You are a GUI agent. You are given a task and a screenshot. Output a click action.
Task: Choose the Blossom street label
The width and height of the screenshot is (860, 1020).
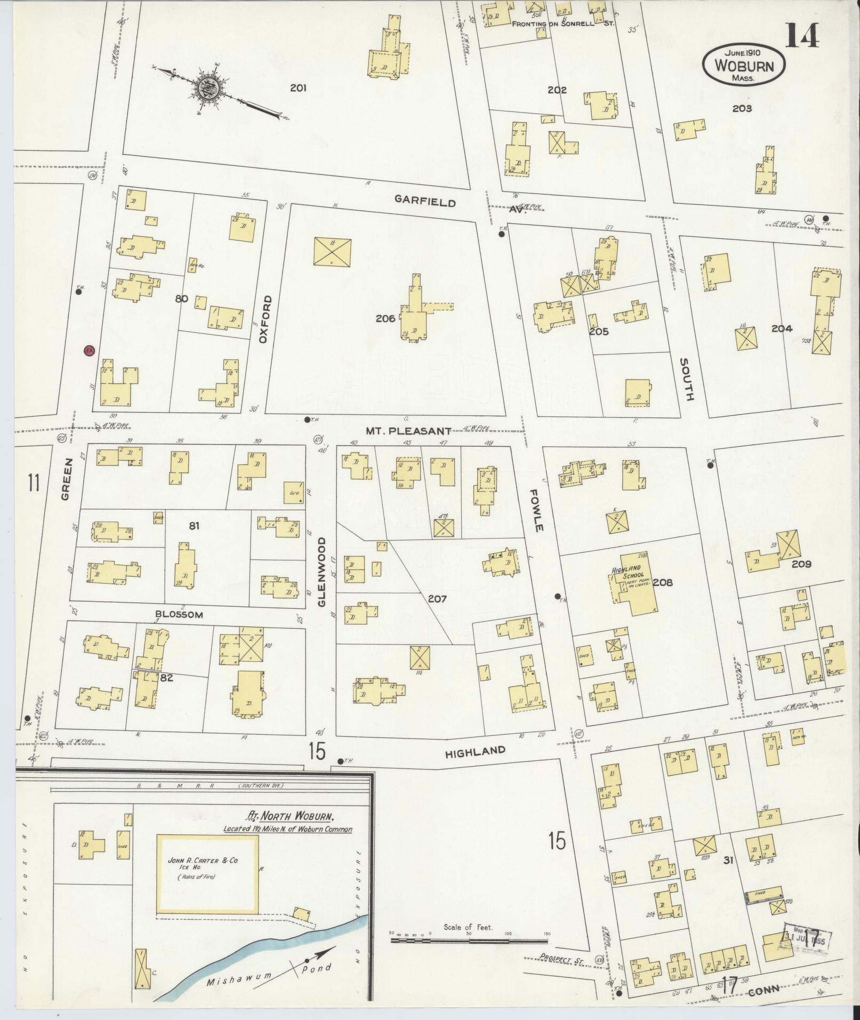tap(179, 614)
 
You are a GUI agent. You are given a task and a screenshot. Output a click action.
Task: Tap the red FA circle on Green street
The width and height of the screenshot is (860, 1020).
tap(90, 350)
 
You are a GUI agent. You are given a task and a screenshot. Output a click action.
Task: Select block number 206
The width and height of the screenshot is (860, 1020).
tap(384, 318)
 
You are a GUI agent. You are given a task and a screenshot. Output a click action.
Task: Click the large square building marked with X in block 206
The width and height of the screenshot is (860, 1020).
tap(332, 252)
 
